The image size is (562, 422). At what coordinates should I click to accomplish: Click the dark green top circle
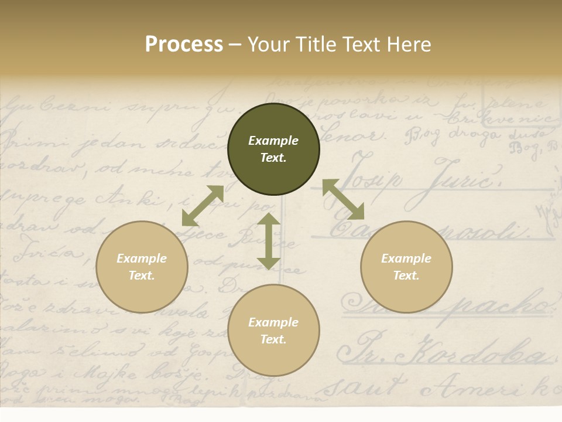pyautogui.click(x=273, y=149)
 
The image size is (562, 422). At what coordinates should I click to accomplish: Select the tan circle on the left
pyautogui.click(x=142, y=267)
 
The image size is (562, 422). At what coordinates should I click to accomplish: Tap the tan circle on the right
pyautogui.click(x=406, y=267)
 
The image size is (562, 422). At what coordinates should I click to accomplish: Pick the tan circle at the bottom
pyautogui.click(x=273, y=331)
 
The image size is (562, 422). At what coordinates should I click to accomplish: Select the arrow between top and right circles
pyautogui.click(x=343, y=199)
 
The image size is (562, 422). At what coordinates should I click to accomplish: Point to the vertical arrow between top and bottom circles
pyautogui.click(x=269, y=241)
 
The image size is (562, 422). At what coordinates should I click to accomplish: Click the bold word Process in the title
pyautogui.click(x=184, y=44)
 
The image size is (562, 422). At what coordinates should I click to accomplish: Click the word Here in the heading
pyautogui.click(x=409, y=44)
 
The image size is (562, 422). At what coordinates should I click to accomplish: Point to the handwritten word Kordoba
pyautogui.click(x=480, y=351)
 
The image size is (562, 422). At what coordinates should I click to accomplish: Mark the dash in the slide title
pyautogui.click(x=235, y=44)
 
